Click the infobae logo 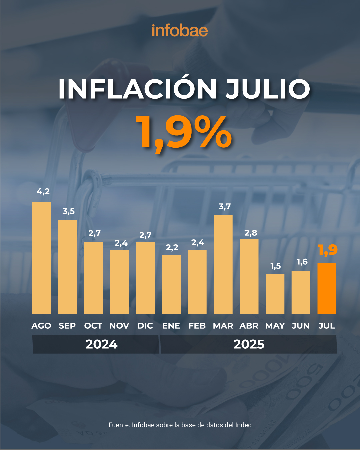tap(180, 31)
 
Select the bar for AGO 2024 tap(42, 258)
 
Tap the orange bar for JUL tap(327, 288)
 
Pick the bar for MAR tap(223, 264)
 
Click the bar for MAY tap(275, 294)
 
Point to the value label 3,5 tap(69, 211)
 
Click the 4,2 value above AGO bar tap(43, 192)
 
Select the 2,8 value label tap(251, 233)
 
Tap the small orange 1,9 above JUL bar tap(328, 250)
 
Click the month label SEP tap(67, 326)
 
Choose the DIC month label tap(145, 326)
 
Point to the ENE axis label tap(171, 326)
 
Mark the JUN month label tap(301, 326)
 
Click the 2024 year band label tap(101, 344)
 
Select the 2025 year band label tap(249, 344)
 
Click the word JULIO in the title tap(268, 89)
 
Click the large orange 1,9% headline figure tap(184, 133)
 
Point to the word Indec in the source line tap(243, 425)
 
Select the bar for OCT tap(93, 278)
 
